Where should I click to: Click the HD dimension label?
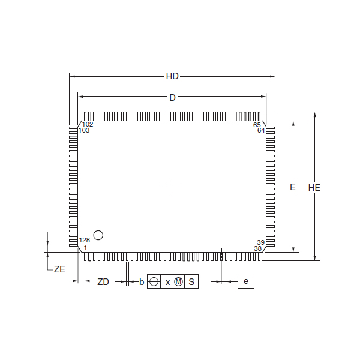coord(172,76)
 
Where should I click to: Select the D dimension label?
coord(172,98)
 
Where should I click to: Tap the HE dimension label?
coord(314,188)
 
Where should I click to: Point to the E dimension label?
coord(293,187)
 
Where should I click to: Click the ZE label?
coord(59,269)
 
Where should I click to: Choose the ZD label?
coord(103,282)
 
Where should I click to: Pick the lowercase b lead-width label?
coord(142,282)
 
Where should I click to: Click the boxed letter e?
coord(246,281)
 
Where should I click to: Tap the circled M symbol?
coord(178,281)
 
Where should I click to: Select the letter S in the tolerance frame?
coord(191,282)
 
